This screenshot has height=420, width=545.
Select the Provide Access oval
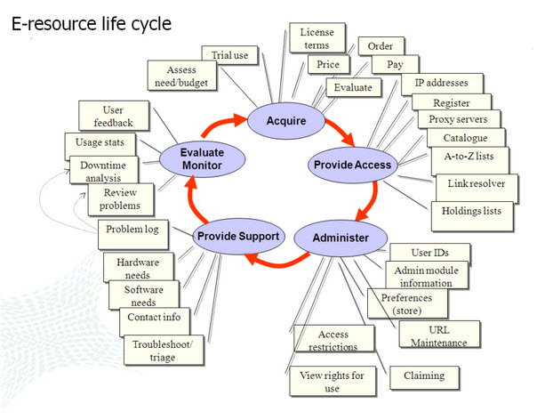349,164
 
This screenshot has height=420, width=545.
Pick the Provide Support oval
238,236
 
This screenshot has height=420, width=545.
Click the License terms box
316,39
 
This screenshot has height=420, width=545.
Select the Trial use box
229,56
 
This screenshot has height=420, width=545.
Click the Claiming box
423,376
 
